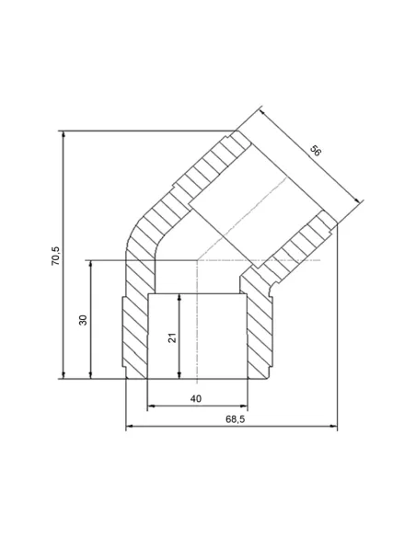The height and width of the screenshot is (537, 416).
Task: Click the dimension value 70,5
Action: [x=55, y=255]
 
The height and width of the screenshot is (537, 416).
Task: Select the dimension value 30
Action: [x=83, y=319]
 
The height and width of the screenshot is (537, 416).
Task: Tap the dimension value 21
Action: [x=171, y=337]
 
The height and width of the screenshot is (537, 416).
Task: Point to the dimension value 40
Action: [x=196, y=399]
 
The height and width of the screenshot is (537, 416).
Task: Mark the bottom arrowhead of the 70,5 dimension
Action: [x=64, y=374]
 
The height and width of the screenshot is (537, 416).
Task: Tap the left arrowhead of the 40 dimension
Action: [x=151, y=406]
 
